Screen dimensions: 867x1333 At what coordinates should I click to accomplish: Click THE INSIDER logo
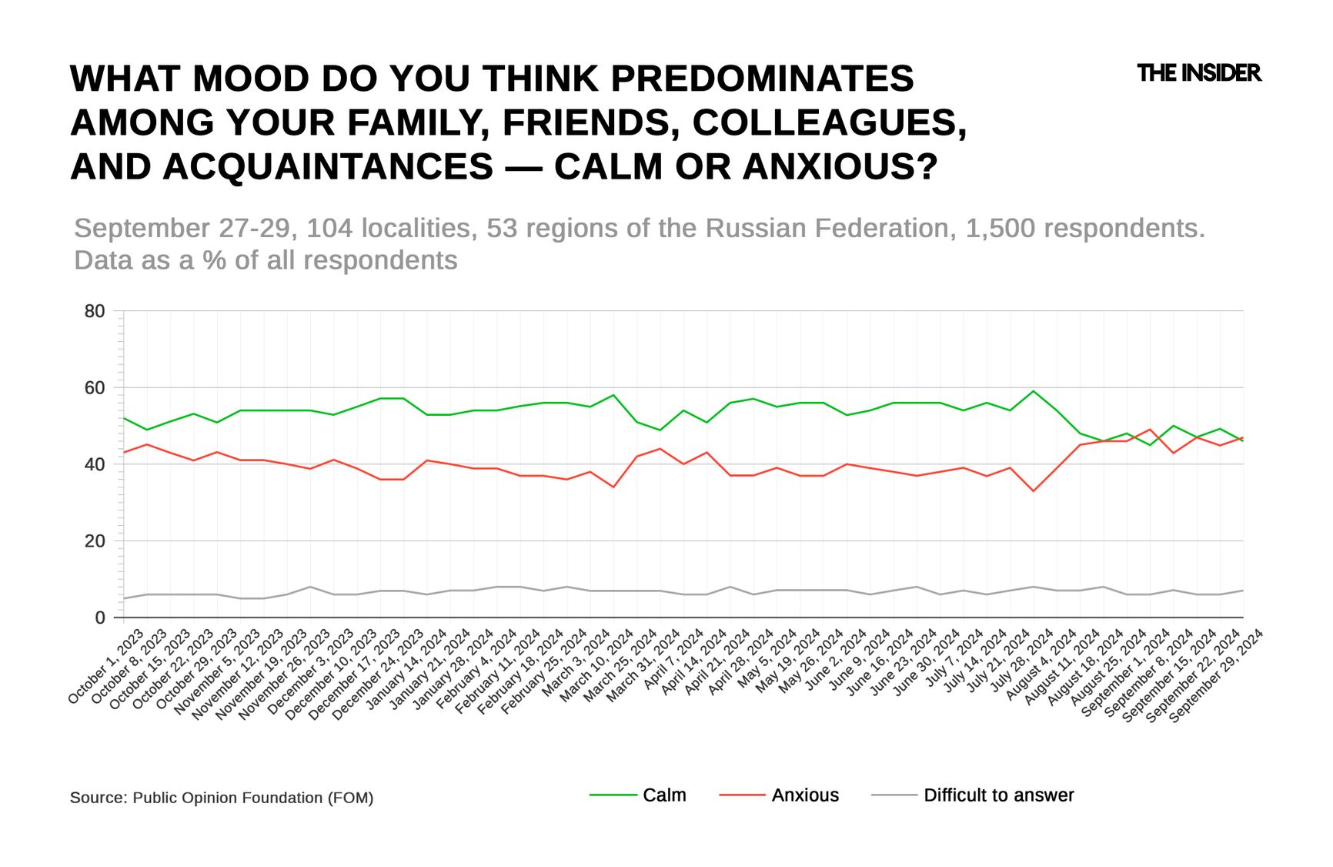[x=1198, y=73]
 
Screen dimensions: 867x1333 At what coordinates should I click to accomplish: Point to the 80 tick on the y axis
[x=95, y=311]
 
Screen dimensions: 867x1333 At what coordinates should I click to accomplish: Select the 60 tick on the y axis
[x=95, y=388]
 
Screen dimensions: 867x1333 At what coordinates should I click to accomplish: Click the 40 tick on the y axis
[x=95, y=464]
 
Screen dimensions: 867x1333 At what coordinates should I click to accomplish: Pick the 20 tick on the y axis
[x=95, y=541]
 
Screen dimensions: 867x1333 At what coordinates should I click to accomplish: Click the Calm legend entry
[x=663, y=795]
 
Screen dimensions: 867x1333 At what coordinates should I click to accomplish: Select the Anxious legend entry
[x=804, y=795]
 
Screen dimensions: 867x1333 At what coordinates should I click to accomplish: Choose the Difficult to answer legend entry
[x=998, y=795]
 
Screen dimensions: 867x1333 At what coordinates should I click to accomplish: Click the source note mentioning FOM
[x=222, y=798]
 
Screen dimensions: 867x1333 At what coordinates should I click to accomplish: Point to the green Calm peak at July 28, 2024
[x=1034, y=391]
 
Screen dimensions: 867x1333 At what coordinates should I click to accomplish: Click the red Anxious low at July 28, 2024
[x=1034, y=491]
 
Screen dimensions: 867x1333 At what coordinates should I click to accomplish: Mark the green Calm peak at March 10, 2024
[x=613, y=395]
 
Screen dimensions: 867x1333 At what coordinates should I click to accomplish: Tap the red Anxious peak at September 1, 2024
[x=1150, y=430]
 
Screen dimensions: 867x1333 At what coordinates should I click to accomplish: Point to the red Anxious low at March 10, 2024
[x=613, y=487]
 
